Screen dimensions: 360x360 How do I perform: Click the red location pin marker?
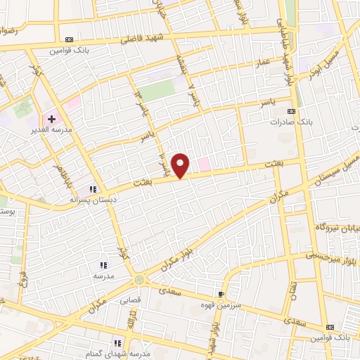click(x=181, y=165)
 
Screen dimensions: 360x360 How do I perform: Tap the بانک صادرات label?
click(x=290, y=121)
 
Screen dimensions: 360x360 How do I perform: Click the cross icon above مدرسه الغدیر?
click(x=52, y=120)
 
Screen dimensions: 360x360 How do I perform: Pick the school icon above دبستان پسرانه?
click(x=92, y=189)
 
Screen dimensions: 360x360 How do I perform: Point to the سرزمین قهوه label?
click(x=223, y=305)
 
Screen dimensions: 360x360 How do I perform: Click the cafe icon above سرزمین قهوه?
click(x=223, y=295)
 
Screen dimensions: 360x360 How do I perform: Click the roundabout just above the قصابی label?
click(x=139, y=280)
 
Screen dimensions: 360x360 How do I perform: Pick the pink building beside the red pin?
click(x=204, y=165)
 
